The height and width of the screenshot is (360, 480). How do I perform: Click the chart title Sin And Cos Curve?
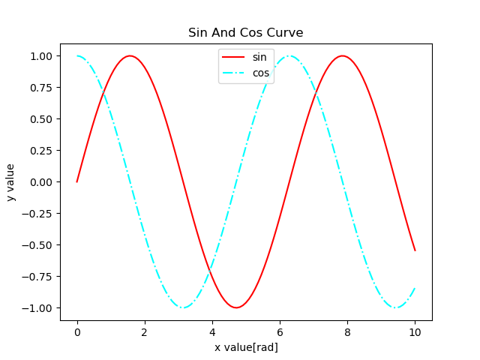[245, 33]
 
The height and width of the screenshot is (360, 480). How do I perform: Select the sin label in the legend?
[259, 58]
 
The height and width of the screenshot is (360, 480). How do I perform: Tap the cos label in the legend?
[260, 73]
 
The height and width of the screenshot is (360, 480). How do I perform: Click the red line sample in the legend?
[234, 58]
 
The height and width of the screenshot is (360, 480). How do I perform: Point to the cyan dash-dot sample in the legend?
[234, 73]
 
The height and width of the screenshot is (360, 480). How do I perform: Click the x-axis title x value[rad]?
[245, 347]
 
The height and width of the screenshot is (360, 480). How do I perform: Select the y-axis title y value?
[10, 182]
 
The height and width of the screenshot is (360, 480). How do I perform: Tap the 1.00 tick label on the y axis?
[41, 56]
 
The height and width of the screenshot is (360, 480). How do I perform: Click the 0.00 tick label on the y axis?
[41, 182]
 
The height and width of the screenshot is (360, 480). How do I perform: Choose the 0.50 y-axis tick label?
[41, 119]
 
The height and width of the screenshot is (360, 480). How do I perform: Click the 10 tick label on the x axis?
[415, 331]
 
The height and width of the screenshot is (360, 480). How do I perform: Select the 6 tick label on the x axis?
[280, 331]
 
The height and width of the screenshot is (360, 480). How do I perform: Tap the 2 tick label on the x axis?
[145, 331]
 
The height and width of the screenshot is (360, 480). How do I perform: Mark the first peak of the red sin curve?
[130, 55]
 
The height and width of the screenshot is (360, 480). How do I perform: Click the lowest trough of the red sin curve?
[236, 307]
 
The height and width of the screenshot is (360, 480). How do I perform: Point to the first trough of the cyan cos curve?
[183, 307]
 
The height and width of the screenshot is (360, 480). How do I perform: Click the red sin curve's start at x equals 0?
[77, 181]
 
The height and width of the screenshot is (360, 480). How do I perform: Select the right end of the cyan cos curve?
[415, 288]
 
